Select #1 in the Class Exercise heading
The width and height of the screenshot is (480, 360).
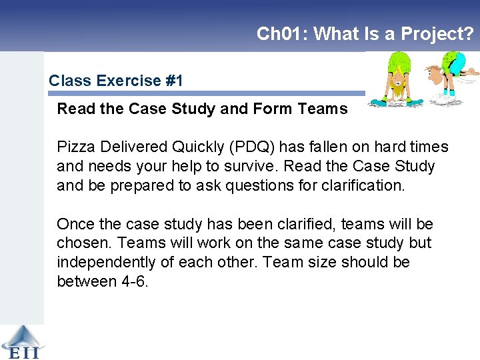(x=174, y=81)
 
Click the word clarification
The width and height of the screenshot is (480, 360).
(x=361, y=185)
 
